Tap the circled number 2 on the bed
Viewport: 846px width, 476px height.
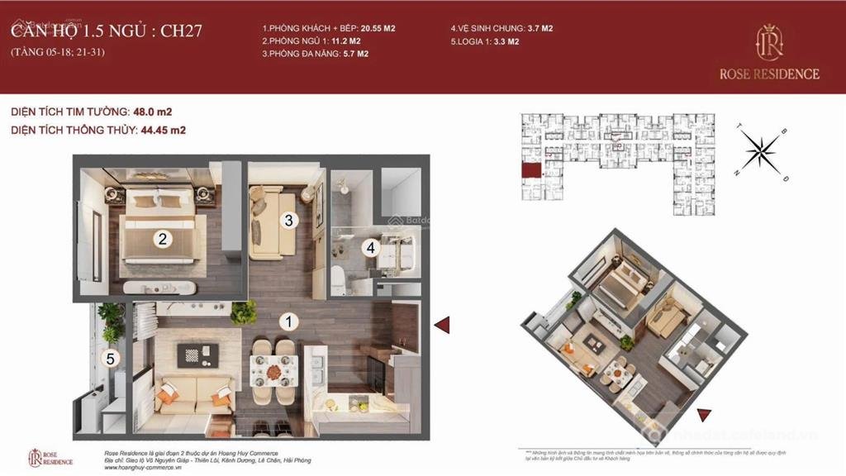click(x=164, y=240)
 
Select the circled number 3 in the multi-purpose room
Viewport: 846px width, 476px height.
click(x=288, y=220)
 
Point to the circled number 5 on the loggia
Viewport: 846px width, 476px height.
click(x=112, y=359)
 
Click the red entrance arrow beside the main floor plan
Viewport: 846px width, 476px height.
click(x=442, y=325)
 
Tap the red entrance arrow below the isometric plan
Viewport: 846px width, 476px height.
click(x=703, y=415)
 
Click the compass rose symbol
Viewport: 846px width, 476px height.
click(x=761, y=150)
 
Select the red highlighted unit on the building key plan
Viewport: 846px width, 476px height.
click(x=527, y=170)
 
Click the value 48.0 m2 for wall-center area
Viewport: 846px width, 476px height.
click(x=153, y=112)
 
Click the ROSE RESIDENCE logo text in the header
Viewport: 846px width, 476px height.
click(x=768, y=74)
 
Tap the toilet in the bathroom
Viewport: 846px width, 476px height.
click(x=338, y=277)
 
